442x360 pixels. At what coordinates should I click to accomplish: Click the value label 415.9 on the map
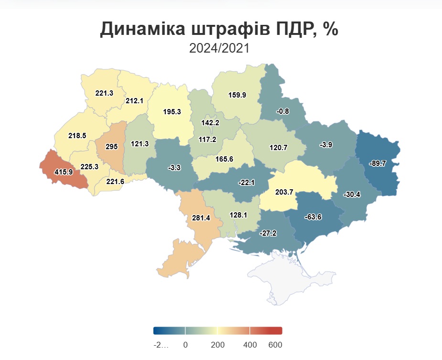64,172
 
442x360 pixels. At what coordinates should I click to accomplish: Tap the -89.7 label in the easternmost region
377,163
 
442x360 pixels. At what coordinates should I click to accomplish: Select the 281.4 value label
201,218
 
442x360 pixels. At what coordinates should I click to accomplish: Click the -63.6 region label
313,217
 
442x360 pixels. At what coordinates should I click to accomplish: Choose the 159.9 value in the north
237,95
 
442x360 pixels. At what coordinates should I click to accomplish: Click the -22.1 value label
247,182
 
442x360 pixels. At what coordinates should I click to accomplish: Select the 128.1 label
238,215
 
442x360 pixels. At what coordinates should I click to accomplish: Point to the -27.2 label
267,234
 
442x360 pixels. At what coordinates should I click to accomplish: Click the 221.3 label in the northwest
104,93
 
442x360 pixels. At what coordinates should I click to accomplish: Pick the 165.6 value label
224,159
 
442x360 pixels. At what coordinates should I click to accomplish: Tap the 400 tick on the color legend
250,345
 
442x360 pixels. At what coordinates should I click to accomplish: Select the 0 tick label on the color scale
185,345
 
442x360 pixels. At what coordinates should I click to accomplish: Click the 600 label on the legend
275,345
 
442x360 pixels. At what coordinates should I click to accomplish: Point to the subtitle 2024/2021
219,48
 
